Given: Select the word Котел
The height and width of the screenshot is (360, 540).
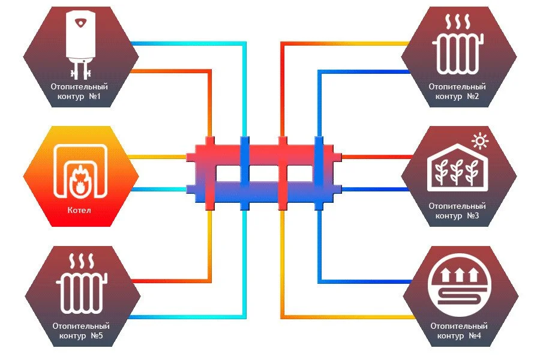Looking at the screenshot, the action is coord(79,210).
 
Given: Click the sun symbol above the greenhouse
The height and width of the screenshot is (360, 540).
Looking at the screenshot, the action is coord(480,141).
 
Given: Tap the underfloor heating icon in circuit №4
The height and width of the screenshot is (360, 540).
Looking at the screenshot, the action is coord(460,285).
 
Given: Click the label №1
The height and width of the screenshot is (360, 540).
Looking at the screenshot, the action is coord(95,96).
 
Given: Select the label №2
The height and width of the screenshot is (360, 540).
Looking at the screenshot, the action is coord(473,96).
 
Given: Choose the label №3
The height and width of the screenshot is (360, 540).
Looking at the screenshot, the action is coord(473,215).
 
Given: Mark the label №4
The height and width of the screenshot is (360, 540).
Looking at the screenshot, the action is coord(475,335).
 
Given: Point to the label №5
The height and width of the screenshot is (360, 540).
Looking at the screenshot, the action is coord(97,335).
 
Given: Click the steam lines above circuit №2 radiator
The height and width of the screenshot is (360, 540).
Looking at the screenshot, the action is coord(458,22).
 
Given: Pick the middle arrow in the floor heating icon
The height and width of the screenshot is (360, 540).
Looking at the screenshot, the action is coord(460,275).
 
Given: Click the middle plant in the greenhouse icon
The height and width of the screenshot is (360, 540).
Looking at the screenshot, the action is coord(457,172).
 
